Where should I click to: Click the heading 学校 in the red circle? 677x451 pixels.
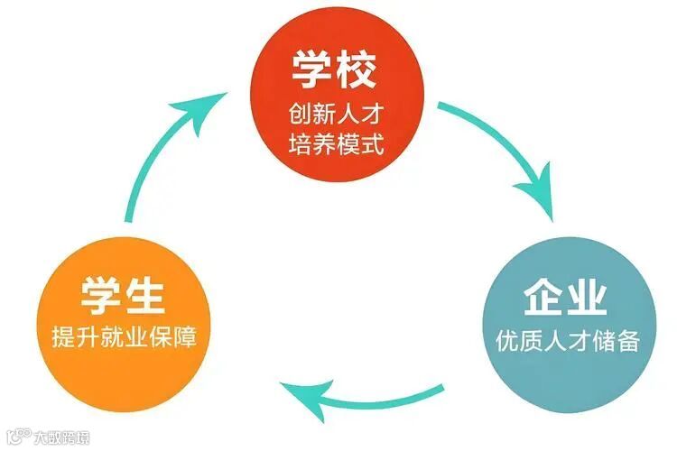tap(335, 70)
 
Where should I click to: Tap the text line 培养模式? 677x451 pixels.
tap(336, 143)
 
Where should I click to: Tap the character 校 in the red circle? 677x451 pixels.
tap(357, 70)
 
